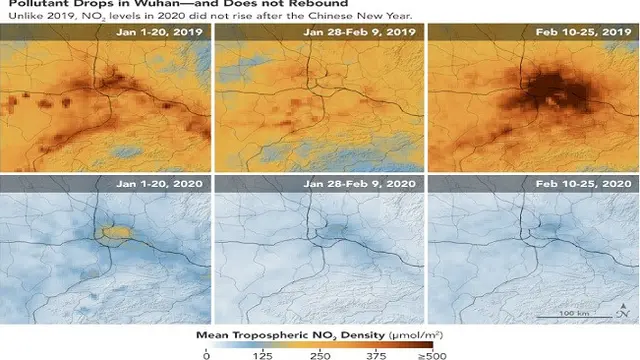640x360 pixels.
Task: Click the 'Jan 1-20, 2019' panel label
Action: pyautogui.click(x=159, y=32)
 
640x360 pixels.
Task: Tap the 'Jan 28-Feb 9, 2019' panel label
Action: pyautogui.click(x=359, y=32)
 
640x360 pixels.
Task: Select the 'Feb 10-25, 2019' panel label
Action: pyautogui.click(x=584, y=32)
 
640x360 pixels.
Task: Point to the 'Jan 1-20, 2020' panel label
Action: pyautogui.click(x=159, y=184)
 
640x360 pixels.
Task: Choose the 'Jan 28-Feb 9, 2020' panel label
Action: pyautogui.click(x=359, y=184)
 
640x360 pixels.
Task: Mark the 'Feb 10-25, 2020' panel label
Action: pyautogui.click(x=584, y=184)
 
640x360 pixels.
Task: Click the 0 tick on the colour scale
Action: pyautogui.click(x=207, y=356)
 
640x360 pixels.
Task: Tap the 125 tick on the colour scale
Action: pyautogui.click(x=262, y=356)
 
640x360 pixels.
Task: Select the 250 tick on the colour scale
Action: pyautogui.click(x=320, y=356)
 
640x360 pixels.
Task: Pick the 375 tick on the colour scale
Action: pyautogui.click(x=377, y=356)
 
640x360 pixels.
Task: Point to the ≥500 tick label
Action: pyautogui.click(x=433, y=356)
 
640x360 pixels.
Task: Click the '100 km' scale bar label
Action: pyautogui.click(x=574, y=313)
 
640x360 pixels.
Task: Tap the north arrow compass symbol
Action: pyautogui.click(x=623, y=311)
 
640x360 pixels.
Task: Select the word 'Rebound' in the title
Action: pyautogui.click(x=322, y=4)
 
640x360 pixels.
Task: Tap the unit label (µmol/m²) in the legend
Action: pyautogui.click(x=416, y=336)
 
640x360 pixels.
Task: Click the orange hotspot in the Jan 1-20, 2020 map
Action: pyautogui.click(x=116, y=233)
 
